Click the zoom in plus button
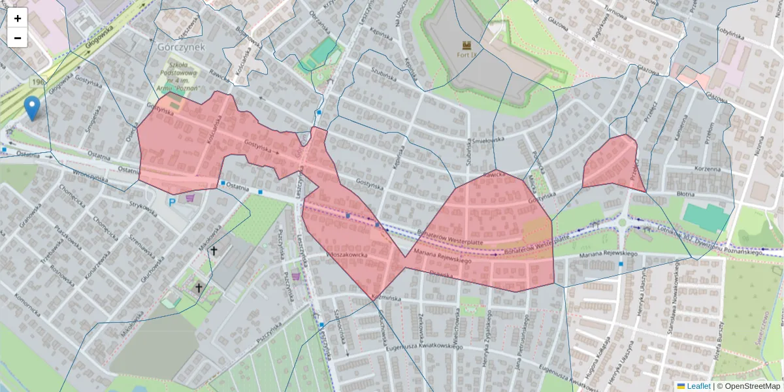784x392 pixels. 18,18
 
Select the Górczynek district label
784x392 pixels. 181,47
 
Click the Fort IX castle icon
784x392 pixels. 467,45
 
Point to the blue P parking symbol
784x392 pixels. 172,203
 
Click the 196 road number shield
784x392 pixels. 37,82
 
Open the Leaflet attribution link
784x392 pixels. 698,386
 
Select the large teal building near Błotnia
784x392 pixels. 706,217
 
